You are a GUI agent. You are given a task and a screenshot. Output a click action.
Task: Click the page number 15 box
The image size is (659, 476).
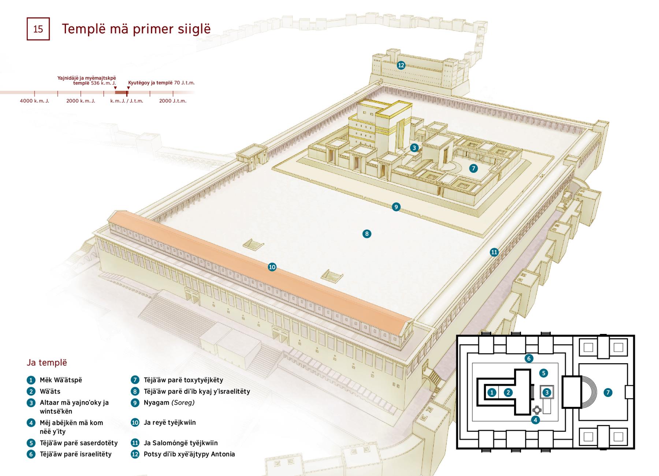(x=38, y=29)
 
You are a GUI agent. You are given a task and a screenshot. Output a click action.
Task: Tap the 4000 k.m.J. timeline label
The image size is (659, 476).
(x=34, y=101)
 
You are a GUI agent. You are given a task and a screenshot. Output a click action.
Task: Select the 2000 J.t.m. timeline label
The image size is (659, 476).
(x=173, y=101)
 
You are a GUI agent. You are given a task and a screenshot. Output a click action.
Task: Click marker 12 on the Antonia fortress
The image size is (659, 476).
(x=401, y=65)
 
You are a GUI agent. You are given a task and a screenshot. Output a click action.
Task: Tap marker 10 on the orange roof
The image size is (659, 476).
(x=272, y=267)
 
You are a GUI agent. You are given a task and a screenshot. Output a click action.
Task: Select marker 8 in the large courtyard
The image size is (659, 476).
(x=366, y=234)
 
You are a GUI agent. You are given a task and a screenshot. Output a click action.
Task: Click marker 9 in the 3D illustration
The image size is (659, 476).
(x=396, y=207)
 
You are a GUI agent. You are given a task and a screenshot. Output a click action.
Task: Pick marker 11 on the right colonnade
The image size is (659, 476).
(x=494, y=252)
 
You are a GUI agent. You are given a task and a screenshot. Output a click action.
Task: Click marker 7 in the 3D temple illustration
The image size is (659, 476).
(x=473, y=168)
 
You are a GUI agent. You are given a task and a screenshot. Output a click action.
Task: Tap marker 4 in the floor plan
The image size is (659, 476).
(x=535, y=420)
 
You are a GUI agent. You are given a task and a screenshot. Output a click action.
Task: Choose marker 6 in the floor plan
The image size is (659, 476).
(x=528, y=358)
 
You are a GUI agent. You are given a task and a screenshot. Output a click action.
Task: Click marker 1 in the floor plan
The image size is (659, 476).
(x=492, y=393)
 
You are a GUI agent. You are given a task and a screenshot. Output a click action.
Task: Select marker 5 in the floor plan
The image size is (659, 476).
(x=543, y=373)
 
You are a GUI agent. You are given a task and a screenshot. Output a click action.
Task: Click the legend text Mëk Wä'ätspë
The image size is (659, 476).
(x=61, y=380)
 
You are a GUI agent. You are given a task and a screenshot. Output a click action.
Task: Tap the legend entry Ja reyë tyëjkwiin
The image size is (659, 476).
(x=170, y=423)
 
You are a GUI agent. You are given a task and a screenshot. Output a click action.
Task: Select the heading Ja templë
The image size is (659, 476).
(x=47, y=362)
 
